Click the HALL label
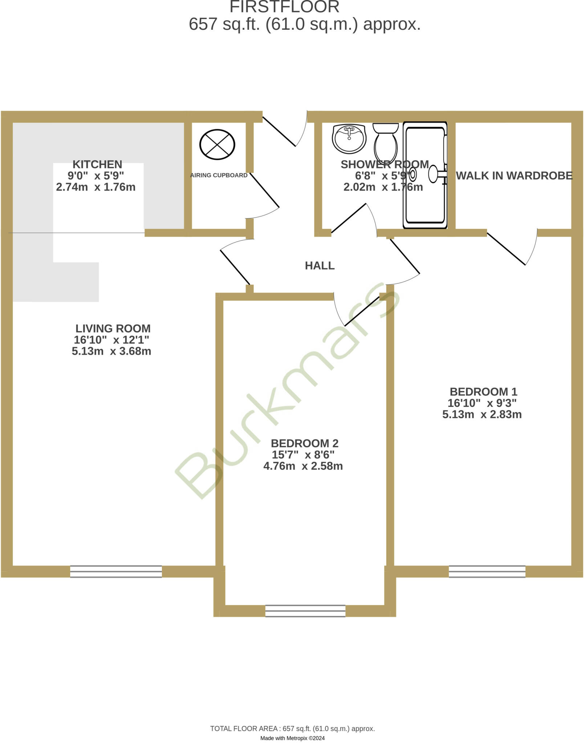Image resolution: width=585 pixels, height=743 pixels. (x=320, y=266)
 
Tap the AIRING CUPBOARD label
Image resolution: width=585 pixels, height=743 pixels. (x=219, y=175)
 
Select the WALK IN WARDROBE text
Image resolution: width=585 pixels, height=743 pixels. (x=514, y=176)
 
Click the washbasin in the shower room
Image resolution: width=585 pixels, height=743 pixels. (x=349, y=138)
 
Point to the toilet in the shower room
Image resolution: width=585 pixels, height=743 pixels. (x=386, y=141)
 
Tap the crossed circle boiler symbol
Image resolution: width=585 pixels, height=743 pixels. (x=217, y=144)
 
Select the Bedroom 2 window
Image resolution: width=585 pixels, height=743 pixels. (x=305, y=611)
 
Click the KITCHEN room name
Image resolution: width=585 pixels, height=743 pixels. (x=97, y=164)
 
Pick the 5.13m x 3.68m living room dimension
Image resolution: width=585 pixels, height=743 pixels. (x=111, y=351)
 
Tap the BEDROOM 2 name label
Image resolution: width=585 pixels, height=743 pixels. (x=305, y=443)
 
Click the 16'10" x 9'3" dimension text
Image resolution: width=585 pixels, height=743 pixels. (x=482, y=403)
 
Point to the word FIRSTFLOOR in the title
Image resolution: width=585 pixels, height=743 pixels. (x=284, y=7)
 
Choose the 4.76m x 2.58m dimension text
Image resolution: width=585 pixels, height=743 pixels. (x=303, y=466)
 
